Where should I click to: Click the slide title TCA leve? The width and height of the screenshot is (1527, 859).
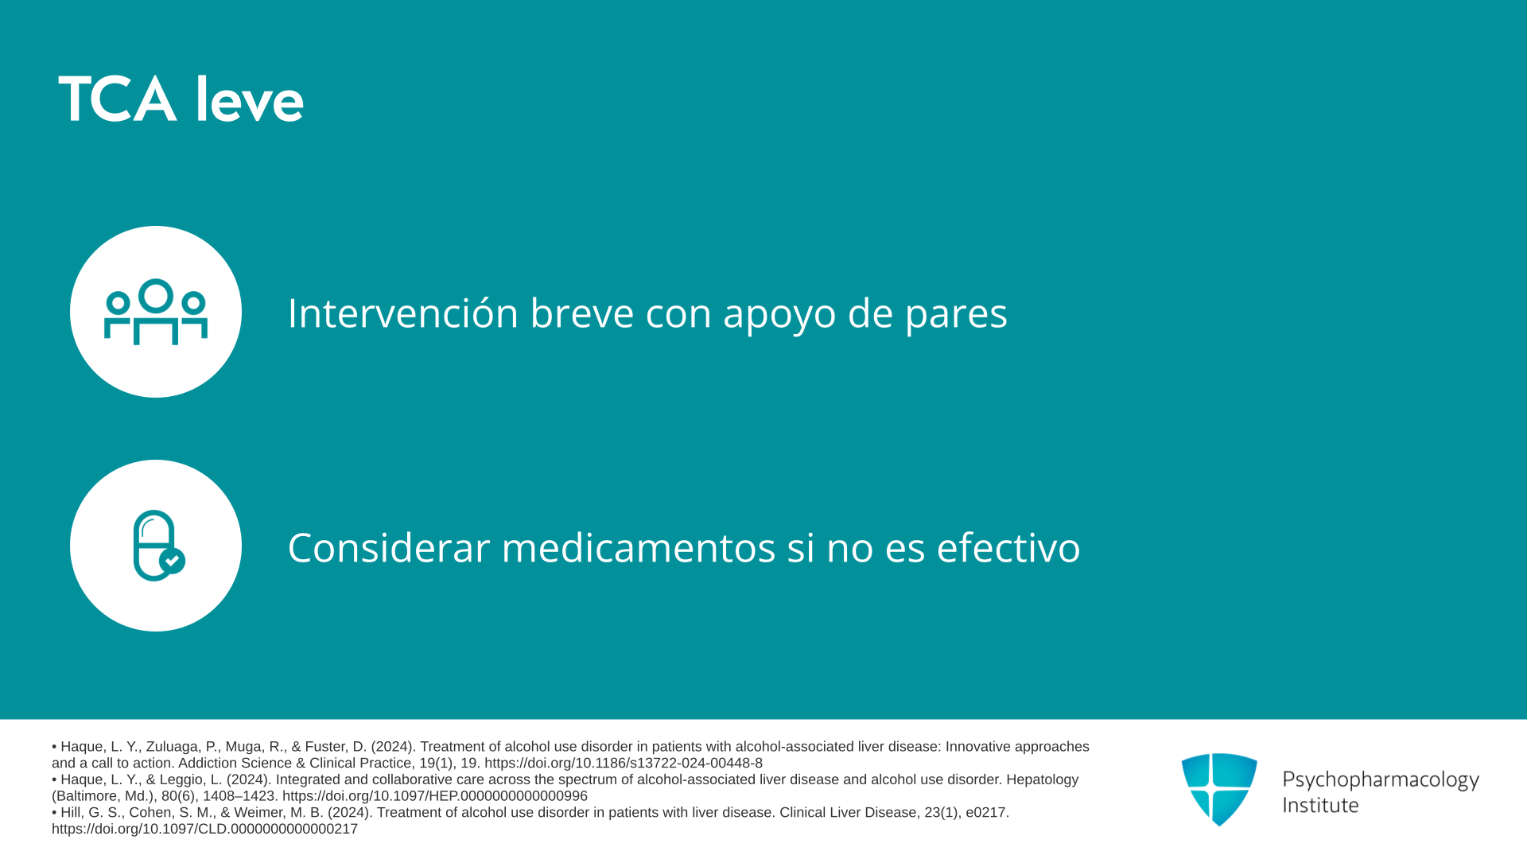[181, 100]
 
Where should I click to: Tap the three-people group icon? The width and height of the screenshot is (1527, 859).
[156, 311]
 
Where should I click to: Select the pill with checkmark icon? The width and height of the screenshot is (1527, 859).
[159, 546]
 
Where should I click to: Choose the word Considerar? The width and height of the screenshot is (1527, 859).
[388, 547]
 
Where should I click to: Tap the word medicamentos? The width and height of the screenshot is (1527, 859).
[639, 547]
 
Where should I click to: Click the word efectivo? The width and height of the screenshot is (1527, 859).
[1008, 547]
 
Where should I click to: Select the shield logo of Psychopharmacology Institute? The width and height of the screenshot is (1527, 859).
[1219, 789]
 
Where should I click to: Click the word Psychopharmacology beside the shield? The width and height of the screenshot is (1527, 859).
[1381, 780]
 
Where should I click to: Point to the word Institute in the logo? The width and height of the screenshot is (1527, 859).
[1320, 805]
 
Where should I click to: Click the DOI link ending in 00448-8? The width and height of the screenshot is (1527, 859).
[624, 764]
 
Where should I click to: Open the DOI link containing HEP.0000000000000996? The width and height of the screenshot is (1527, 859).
[435, 796]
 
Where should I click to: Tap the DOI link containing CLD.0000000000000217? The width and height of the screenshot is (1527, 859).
[204, 829]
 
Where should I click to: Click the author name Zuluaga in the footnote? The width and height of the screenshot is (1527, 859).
[173, 747]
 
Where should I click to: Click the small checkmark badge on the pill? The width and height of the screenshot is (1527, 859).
[173, 561]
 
